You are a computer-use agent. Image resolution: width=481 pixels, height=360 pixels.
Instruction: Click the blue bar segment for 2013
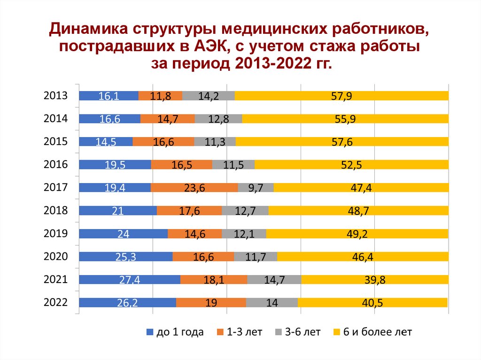point(109,96)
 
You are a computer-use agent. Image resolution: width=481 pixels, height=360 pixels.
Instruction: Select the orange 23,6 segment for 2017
point(194,188)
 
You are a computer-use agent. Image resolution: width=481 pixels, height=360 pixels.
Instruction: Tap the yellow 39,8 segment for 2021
point(374,280)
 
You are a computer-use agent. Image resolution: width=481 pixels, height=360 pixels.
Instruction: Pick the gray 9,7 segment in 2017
point(256,188)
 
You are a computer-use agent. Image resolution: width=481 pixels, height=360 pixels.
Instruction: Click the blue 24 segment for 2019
point(123,234)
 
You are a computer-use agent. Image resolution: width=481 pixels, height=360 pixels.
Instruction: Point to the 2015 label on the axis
point(56,142)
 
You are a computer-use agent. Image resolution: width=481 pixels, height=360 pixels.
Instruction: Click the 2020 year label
point(56,257)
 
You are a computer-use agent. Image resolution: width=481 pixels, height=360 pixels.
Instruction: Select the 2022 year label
point(56,303)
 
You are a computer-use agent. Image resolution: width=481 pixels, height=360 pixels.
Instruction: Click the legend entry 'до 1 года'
point(175,332)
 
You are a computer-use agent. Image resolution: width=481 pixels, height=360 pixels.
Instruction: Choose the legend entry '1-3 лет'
point(239,332)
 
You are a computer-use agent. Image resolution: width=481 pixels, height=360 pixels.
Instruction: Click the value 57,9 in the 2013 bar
point(341,96)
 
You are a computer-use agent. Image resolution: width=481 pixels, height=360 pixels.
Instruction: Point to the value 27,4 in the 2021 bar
point(130,280)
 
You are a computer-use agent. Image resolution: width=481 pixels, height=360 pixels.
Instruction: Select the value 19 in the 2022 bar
point(211,303)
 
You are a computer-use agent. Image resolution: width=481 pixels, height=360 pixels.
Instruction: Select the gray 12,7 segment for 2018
point(245,211)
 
